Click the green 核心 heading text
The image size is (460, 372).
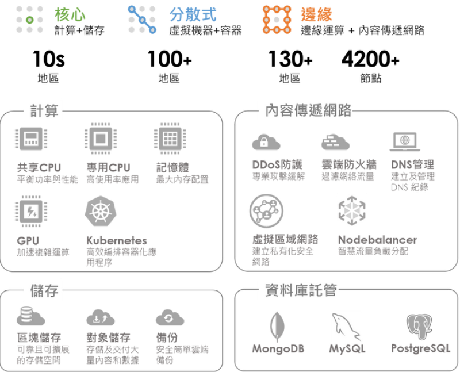click(71, 14)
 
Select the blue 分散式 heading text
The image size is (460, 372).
click(193, 14)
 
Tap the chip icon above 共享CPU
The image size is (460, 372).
click(32, 140)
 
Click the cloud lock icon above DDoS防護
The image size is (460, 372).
click(264, 141)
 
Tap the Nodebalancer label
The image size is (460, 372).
click(377, 239)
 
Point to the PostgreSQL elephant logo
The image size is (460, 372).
click(420, 327)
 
